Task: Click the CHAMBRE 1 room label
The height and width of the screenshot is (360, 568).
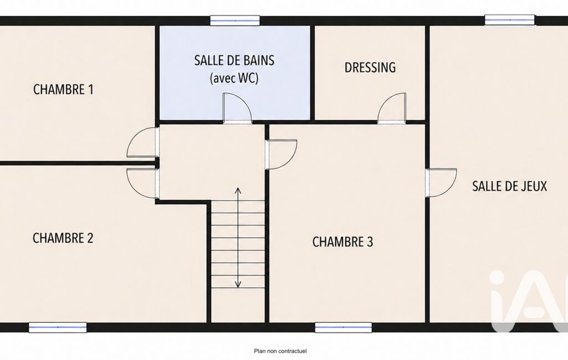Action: click(63, 90)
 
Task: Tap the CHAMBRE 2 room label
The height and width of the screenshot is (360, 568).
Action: click(63, 238)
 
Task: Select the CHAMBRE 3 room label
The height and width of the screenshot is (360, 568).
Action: click(342, 241)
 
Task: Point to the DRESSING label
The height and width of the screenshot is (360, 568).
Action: click(370, 68)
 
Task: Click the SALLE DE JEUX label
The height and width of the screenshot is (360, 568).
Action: click(509, 186)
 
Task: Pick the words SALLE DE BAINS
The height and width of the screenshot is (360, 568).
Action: click(234, 60)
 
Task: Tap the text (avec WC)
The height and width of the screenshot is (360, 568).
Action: click(234, 78)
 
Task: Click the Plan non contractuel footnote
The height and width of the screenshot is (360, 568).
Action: click(280, 351)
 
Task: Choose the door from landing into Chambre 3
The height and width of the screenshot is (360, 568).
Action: click(282, 155)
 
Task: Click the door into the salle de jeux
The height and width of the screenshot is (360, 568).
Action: click(441, 183)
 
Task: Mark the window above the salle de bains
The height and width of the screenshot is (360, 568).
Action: click(235, 20)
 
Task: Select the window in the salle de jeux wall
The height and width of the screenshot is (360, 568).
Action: click(510, 20)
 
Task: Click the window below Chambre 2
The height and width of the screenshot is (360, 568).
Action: click(58, 327)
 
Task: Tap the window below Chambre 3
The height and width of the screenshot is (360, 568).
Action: click(344, 327)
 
